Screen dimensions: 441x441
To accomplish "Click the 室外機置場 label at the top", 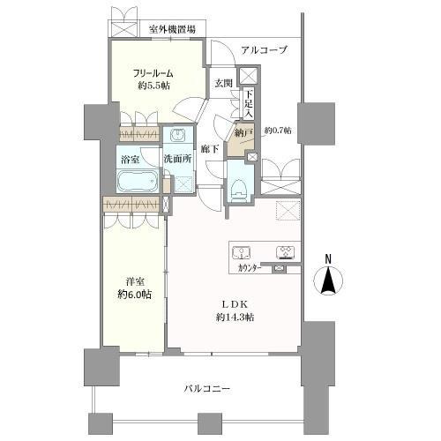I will click(173, 29).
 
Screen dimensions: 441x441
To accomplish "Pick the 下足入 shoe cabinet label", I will click(250, 105).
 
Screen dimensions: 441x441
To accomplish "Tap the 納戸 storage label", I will click(243, 132).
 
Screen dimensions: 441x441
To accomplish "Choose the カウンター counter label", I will click(253, 267).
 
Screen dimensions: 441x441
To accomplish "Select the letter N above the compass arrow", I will click(327, 258).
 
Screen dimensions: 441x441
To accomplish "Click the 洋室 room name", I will click(134, 281).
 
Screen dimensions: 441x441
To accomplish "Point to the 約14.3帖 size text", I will click(236, 317).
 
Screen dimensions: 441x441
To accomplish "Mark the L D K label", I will click(236, 304).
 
